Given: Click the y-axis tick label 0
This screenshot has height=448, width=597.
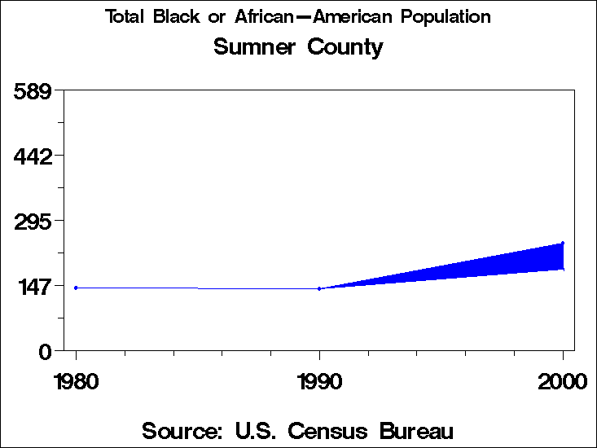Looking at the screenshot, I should tap(46, 351).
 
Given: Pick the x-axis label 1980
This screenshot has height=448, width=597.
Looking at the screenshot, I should tap(76, 381).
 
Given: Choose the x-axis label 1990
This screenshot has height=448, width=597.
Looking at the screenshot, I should tap(319, 381).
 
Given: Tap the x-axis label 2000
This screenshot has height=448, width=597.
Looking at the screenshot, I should tap(562, 381).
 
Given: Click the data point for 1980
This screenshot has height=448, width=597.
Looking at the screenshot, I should tap(76, 288).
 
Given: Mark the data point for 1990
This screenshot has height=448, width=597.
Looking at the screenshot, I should tap(319, 288).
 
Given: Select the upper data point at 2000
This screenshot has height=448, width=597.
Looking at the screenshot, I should tap(563, 243).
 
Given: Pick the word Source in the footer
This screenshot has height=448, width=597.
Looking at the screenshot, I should tap(180, 430).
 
